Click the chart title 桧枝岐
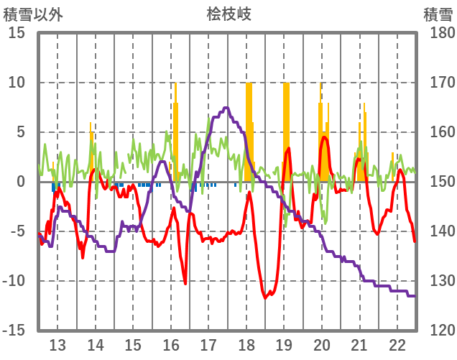tap(228, 14)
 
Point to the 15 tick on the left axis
tap(17, 33)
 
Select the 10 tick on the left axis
tap(17, 83)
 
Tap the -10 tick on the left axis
tap(15, 281)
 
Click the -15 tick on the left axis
tap(15, 331)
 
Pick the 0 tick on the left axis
tap(22, 182)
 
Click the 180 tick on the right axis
tap(438, 33)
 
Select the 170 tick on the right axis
tap(438, 83)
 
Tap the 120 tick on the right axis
tap(438, 331)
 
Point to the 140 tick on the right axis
tap(438, 231)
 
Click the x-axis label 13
tap(57, 344)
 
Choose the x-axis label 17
tap(208, 344)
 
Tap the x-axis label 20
tap(321, 344)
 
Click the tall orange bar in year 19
tap(286, 129)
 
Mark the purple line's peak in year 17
tap(226, 108)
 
